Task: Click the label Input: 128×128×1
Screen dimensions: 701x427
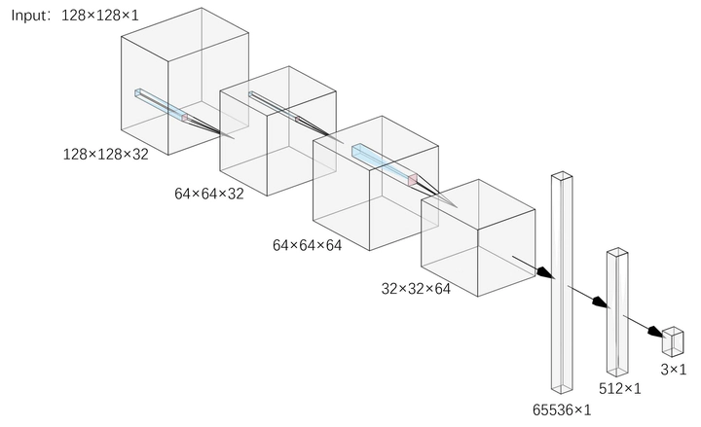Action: pyautogui.click(x=75, y=16)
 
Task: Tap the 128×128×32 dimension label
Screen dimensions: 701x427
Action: pyautogui.click(x=105, y=155)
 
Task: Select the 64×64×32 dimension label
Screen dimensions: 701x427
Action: pyautogui.click(x=209, y=194)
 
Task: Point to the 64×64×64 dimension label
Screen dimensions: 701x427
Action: pyautogui.click(x=307, y=245)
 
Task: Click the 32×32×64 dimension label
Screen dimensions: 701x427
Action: pyautogui.click(x=416, y=289)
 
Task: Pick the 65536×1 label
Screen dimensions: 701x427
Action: pyautogui.click(x=562, y=409)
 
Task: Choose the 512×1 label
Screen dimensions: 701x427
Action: pyautogui.click(x=619, y=389)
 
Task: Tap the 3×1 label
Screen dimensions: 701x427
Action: pyautogui.click(x=674, y=370)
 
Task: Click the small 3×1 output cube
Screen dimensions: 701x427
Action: pyautogui.click(x=673, y=341)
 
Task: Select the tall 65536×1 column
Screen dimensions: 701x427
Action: pyautogui.click(x=562, y=282)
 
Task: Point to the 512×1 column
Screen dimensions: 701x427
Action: pyautogui.click(x=617, y=312)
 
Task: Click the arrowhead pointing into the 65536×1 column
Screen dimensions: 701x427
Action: pyautogui.click(x=546, y=272)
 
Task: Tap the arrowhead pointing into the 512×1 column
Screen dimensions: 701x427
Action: pyautogui.click(x=602, y=302)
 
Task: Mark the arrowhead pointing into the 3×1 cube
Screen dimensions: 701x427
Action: pyautogui.click(x=656, y=332)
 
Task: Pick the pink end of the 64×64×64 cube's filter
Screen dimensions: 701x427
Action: pyautogui.click(x=413, y=180)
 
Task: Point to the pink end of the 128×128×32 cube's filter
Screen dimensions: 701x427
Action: pyautogui.click(x=185, y=118)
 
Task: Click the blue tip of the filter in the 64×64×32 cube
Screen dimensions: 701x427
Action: pyautogui.click(x=251, y=93)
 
